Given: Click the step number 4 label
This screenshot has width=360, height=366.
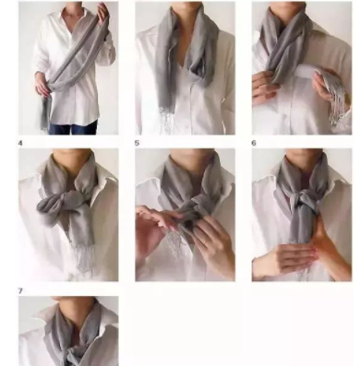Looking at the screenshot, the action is (x=20, y=143).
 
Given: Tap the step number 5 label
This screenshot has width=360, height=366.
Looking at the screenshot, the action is (x=137, y=143).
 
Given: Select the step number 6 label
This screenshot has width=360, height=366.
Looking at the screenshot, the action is (x=254, y=143).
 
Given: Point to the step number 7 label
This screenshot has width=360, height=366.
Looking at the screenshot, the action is (x=20, y=290).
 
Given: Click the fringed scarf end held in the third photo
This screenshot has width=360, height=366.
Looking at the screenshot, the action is (x=334, y=92).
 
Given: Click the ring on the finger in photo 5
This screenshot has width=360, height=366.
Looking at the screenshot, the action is (x=205, y=242).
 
